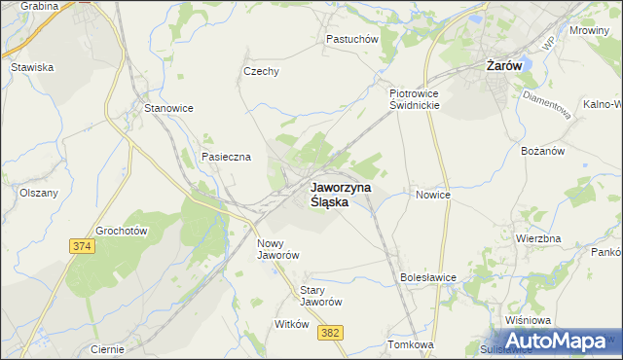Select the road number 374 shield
(x=82, y=248)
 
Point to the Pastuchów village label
(x=351, y=40)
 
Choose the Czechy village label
(x=261, y=71)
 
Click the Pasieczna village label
(x=226, y=157)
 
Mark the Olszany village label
(x=39, y=193)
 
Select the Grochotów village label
(x=121, y=232)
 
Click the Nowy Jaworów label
(x=277, y=249)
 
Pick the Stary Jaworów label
(x=321, y=296)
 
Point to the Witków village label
(x=292, y=325)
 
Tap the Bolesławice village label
(x=428, y=277)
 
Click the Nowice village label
(x=433, y=195)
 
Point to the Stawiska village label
(x=31, y=68)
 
